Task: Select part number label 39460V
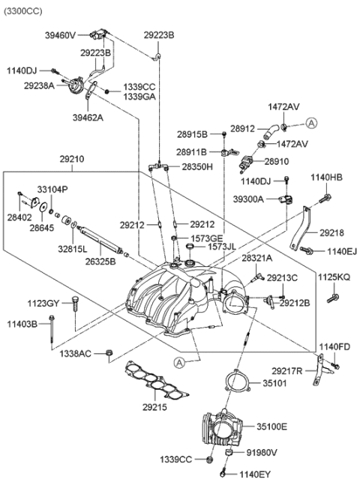(x=60, y=34)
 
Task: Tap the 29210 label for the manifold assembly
(x=72, y=160)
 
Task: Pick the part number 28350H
(x=197, y=166)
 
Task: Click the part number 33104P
(x=52, y=190)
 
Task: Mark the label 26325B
(x=100, y=262)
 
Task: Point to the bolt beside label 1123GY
(x=75, y=304)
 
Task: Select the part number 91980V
(x=262, y=452)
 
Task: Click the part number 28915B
(x=192, y=135)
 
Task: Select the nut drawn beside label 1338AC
(x=110, y=352)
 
